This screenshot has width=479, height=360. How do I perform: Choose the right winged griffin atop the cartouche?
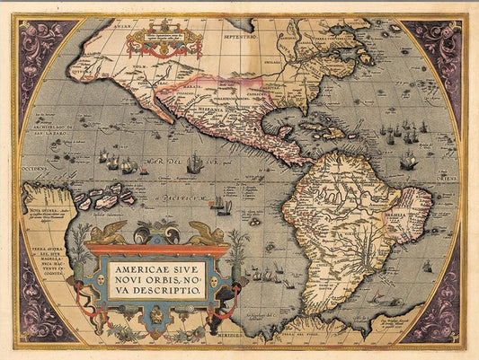coord(207,233)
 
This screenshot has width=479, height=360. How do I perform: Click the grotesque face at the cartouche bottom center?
coord(157,319)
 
